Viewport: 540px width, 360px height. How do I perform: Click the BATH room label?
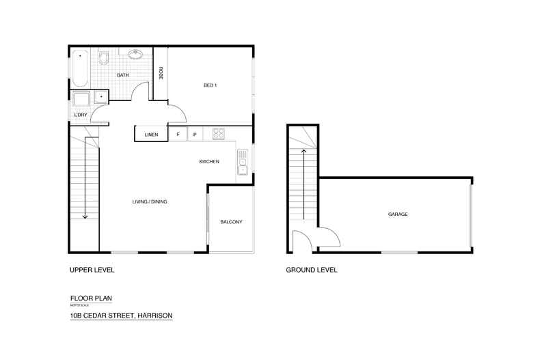coord(123,75)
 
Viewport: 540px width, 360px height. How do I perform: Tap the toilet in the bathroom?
coord(105,57)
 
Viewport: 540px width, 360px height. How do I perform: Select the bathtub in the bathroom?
coord(81,68)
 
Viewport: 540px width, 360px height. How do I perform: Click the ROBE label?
coord(161,73)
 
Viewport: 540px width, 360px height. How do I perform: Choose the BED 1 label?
coord(210,85)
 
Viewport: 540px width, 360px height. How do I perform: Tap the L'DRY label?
coord(81,115)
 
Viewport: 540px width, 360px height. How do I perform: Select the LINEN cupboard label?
coord(151,135)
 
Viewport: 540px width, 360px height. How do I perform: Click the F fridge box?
coord(178,135)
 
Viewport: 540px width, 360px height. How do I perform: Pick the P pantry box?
coord(195,135)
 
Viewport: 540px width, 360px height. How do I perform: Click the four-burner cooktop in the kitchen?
coord(219,134)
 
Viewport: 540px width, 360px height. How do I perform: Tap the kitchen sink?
coord(243,162)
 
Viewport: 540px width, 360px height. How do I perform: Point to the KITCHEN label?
coord(208,162)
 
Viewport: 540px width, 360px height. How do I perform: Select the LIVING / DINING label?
coord(150,202)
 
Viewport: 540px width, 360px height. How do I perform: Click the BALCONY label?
coord(231,222)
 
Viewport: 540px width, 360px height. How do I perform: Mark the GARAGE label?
coord(398,214)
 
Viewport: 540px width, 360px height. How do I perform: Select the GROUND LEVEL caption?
coord(311,270)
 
